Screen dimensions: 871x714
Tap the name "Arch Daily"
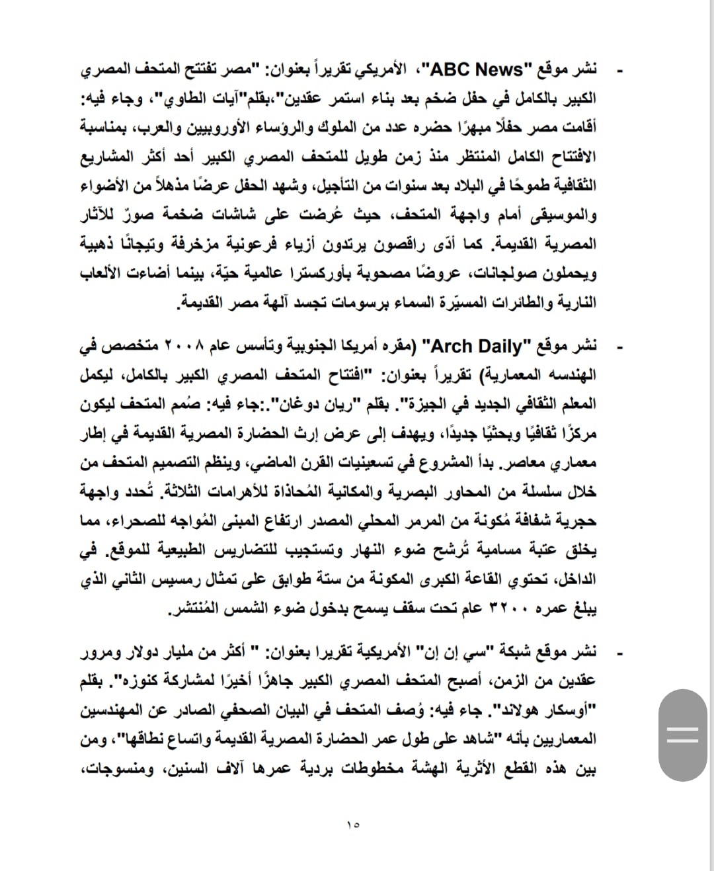tap(472, 346)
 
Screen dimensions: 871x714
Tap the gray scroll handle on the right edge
tap(683, 735)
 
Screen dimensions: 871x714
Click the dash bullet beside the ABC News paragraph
tap(620, 69)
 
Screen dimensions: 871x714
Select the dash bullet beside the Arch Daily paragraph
tap(620, 347)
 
